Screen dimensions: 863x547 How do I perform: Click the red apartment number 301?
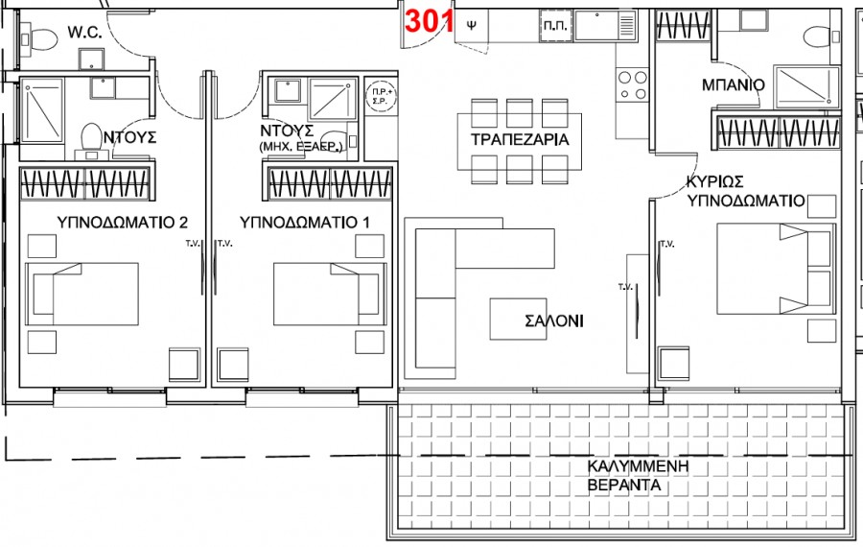(430, 21)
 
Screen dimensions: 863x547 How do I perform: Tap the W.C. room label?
(84, 32)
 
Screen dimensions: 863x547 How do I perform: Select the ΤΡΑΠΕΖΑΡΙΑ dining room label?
(520, 139)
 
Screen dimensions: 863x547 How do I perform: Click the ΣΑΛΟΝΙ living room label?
(554, 321)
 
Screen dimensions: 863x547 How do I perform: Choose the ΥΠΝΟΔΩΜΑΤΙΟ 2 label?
(122, 222)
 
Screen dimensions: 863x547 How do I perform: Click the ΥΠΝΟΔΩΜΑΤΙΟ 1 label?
(304, 222)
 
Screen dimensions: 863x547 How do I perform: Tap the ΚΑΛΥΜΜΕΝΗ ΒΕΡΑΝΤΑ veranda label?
(638, 476)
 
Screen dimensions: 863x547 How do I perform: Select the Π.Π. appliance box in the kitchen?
(556, 25)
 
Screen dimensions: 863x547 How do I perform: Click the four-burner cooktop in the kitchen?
(633, 84)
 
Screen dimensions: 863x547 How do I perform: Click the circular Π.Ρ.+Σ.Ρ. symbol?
(381, 96)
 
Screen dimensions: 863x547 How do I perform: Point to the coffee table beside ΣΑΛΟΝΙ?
(518, 319)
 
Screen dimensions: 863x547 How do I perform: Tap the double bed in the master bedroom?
(775, 269)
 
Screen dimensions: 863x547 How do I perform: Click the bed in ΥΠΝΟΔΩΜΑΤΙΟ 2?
(82, 295)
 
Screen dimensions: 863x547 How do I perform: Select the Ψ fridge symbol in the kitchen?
(471, 25)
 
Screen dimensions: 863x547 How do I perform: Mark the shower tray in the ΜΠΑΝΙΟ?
(806, 87)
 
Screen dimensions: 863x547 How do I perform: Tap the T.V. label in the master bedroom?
(667, 244)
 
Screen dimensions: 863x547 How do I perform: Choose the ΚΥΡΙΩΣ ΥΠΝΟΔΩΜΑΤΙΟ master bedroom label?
(746, 191)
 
